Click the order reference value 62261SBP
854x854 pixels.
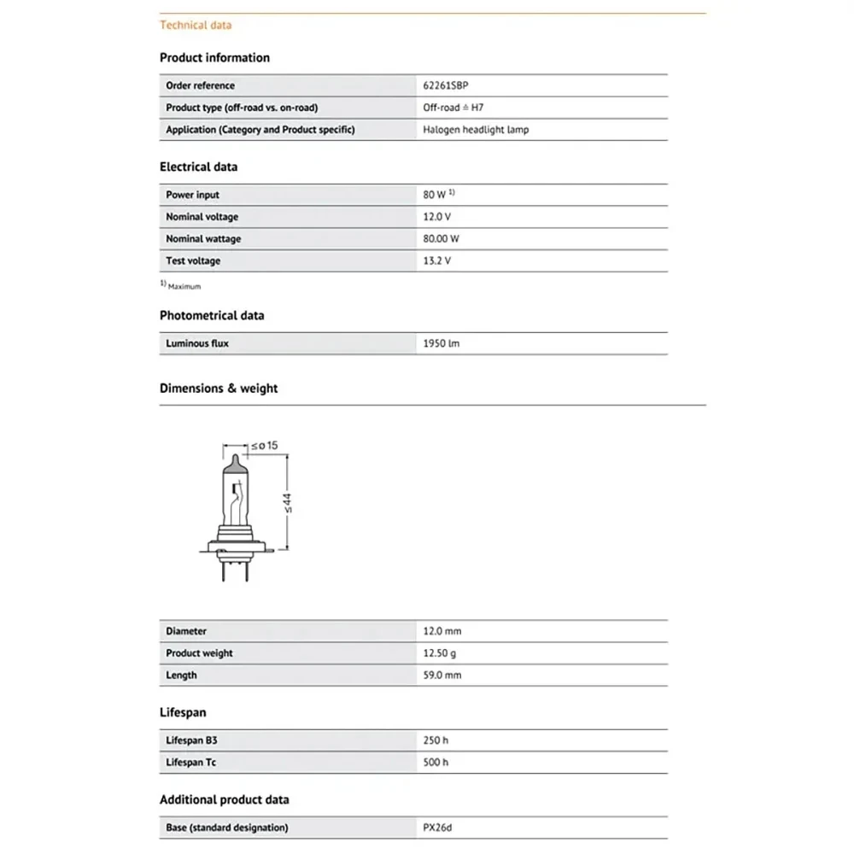coord(446,85)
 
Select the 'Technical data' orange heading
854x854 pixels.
coord(196,25)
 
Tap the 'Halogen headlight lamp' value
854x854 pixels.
coord(476,130)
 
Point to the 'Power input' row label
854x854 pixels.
coord(192,195)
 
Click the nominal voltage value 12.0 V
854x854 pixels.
coord(437,217)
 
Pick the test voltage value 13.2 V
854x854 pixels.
coord(437,260)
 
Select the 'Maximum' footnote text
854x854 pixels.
coord(184,287)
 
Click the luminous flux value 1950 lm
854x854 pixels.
coord(442,343)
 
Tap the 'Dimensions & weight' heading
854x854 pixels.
coord(219,388)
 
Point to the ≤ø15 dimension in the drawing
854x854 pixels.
coord(265,445)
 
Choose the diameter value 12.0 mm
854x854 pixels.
coord(442,631)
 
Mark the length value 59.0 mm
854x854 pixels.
coord(442,675)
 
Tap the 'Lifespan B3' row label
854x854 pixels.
coord(191,740)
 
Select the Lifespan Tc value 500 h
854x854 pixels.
coord(436,762)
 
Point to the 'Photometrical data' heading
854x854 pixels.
coord(212,315)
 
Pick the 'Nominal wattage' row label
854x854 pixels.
coord(203,239)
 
